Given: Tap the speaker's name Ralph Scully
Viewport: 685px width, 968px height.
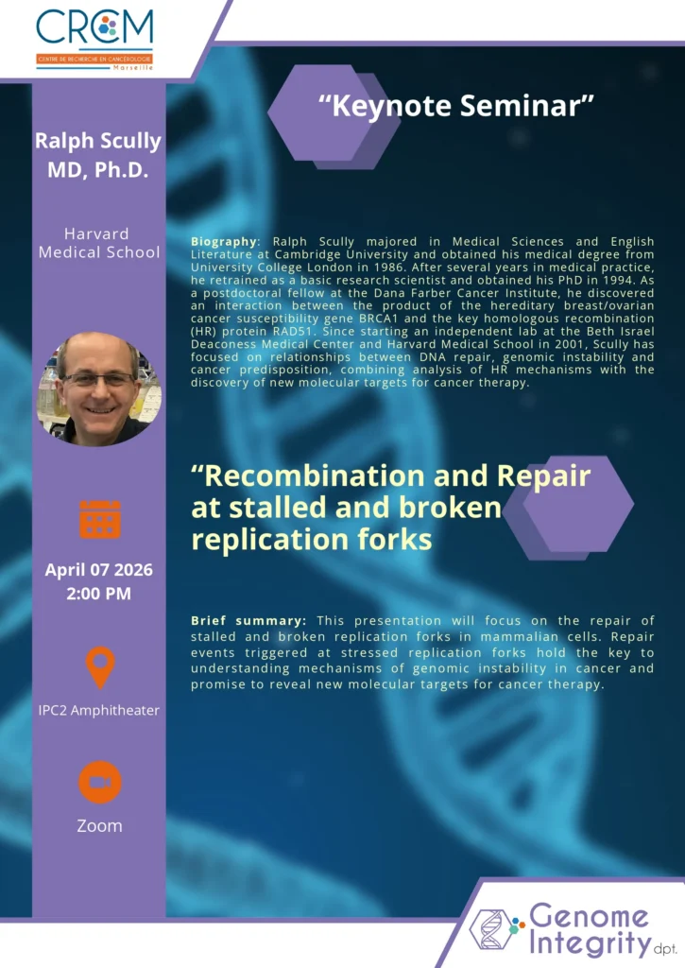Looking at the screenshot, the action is point(98,142).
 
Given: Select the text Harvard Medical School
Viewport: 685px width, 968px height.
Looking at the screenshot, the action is point(99,243).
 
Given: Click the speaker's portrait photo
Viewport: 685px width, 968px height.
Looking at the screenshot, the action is point(99,389).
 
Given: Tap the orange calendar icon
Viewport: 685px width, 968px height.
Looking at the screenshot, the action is point(100,519).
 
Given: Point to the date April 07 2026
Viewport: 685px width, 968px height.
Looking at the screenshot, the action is point(99,569).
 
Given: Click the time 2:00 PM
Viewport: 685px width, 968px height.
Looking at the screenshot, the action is point(99,594).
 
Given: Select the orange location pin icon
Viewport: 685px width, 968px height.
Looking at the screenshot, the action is point(100,667).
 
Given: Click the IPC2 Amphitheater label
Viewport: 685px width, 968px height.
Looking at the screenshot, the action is point(99,711).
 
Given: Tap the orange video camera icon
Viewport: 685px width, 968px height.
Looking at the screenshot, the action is point(100,782).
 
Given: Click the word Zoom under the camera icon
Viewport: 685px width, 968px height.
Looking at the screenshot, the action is point(99,825).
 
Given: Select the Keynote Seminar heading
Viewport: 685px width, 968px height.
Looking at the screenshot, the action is point(456,106).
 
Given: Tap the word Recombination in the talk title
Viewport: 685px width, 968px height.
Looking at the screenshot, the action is point(315,476).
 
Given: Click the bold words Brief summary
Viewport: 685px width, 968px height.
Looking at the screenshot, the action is point(248,621).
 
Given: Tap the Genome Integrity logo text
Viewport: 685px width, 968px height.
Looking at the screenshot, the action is point(590,930).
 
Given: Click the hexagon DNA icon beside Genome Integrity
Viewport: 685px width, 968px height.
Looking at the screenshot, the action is point(495,929).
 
